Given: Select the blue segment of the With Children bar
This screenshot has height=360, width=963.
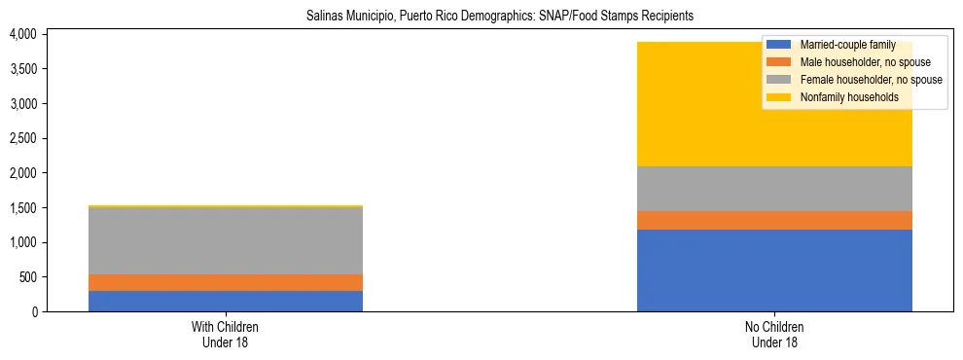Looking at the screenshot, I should pyautogui.click(x=225, y=301).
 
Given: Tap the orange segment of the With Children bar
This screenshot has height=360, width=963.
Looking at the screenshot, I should pyautogui.click(x=225, y=282).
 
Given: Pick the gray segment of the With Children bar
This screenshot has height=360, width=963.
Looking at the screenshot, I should pyautogui.click(x=225, y=241).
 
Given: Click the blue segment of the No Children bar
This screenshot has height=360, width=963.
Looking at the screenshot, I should pyautogui.click(x=774, y=270).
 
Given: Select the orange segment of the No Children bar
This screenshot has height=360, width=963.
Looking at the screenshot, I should pyautogui.click(x=774, y=220).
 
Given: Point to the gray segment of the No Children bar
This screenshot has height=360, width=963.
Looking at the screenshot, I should pyautogui.click(x=774, y=189).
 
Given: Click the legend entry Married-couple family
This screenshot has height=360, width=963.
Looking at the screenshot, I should pyautogui.click(x=843, y=45).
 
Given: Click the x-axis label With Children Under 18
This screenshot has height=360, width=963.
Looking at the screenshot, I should pyautogui.click(x=225, y=334).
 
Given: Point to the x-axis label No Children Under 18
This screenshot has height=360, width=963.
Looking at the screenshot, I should pyautogui.click(x=774, y=334).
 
